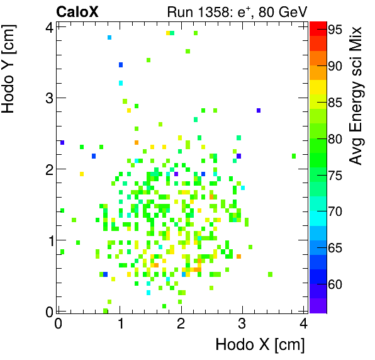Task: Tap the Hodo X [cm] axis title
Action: point(260,345)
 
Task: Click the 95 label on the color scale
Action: point(334,29)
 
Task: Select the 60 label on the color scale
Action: point(334,284)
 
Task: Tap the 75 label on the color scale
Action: point(334,175)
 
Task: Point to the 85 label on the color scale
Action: point(334,102)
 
